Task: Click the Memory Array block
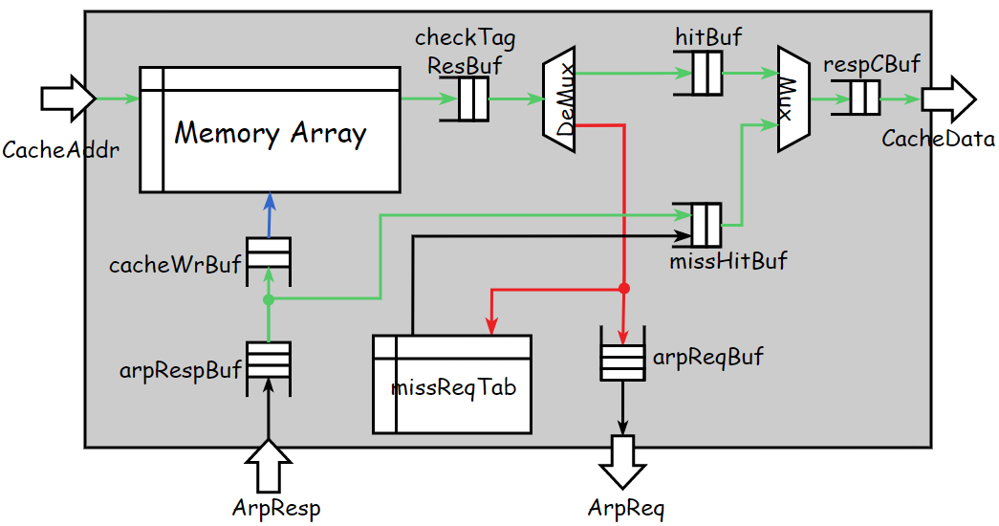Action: click(270, 130)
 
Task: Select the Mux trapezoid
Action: click(793, 99)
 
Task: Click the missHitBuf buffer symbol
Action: click(706, 225)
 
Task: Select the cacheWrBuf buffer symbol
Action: click(269, 256)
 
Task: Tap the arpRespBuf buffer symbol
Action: click(269, 362)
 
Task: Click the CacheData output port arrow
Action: click(947, 99)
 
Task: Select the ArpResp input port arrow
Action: click(269, 466)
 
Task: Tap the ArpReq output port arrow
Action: click(622, 462)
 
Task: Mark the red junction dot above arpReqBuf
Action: click(623, 288)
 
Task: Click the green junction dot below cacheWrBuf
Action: click(269, 299)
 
